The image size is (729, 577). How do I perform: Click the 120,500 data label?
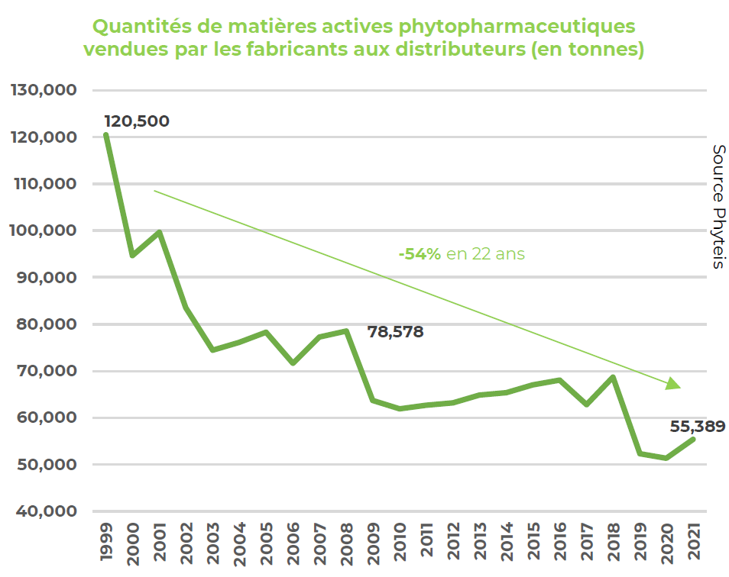click(x=137, y=121)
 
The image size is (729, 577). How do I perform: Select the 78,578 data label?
click(x=395, y=332)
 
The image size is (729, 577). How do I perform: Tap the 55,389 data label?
click(x=698, y=427)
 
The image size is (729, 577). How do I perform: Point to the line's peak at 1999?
click(x=105, y=136)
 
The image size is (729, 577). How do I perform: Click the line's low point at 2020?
click(x=666, y=458)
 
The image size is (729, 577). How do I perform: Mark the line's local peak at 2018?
click(x=613, y=377)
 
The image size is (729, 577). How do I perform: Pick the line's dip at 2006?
click(x=293, y=363)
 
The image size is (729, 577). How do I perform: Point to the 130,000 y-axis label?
click(x=44, y=90)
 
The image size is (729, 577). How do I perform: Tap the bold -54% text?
click(x=420, y=254)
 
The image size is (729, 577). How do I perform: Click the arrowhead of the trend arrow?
click(x=672, y=384)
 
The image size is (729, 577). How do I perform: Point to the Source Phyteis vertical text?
click(x=718, y=206)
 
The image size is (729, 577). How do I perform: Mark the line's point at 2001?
click(x=159, y=232)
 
